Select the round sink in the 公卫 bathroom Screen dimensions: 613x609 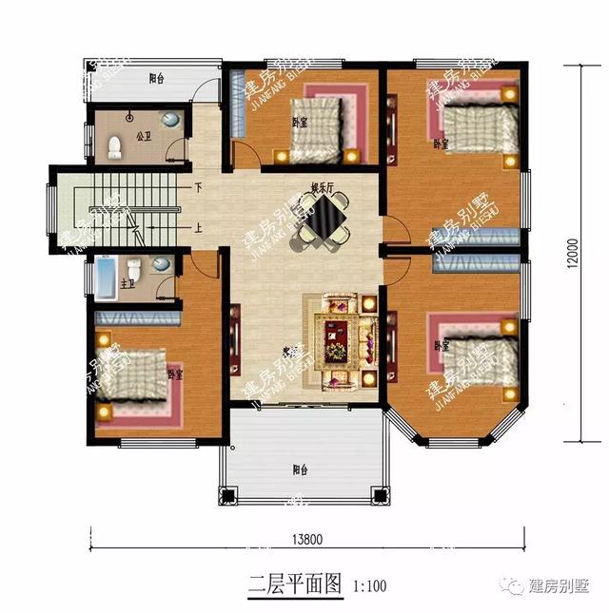tap(170, 120)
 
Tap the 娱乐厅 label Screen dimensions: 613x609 tap(321, 187)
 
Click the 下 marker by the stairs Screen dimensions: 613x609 tap(198, 186)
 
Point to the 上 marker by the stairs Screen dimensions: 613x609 tap(198, 228)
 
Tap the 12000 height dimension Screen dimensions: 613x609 tap(569, 252)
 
